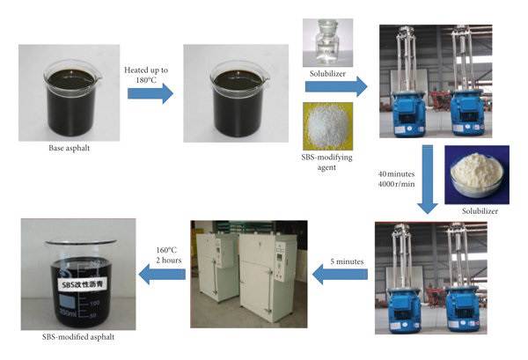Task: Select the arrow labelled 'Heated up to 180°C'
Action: [x=151, y=92]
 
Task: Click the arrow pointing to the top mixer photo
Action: [x=348, y=86]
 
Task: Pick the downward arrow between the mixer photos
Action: [x=428, y=180]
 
